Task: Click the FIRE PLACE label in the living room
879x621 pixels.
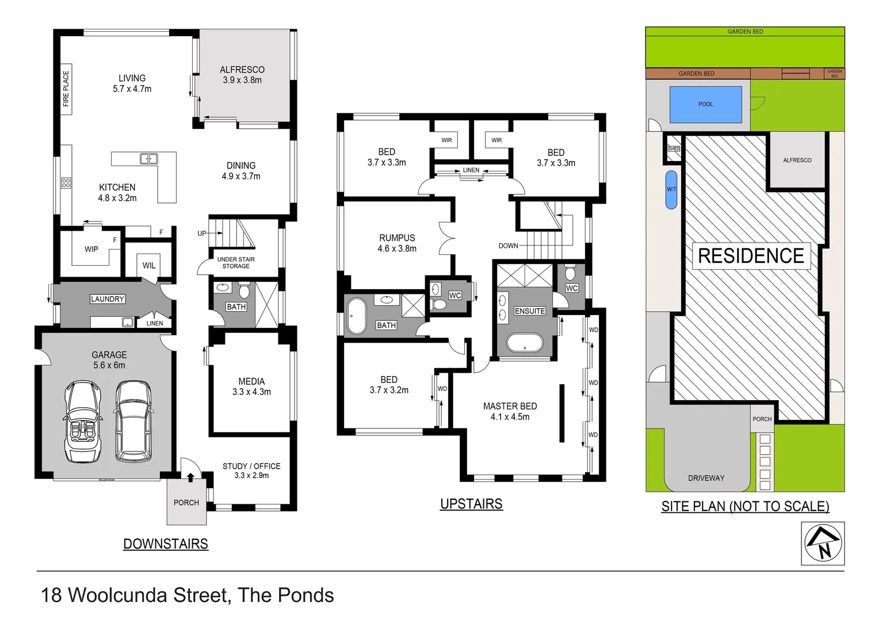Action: [66, 89]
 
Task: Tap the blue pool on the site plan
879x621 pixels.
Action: [705, 104]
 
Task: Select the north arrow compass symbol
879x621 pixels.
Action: [823, 543]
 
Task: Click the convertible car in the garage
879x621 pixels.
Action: [84, 421]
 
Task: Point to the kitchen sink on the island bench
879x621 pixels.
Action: [148, 159]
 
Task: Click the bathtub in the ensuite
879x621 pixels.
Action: [524, 344]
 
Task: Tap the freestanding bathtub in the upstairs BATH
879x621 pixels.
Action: [357, 316]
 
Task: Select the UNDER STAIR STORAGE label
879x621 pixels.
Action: [236, 263]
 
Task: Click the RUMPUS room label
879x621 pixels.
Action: [397, 237]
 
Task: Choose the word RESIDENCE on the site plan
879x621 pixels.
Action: [751, 256]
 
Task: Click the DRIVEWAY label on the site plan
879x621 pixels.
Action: [706, 478]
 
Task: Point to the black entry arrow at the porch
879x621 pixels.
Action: [190, 476]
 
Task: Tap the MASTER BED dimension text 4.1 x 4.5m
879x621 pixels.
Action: [510, 417]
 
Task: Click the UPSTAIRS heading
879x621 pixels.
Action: [471, 504]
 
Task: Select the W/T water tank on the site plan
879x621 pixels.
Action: [671, 190]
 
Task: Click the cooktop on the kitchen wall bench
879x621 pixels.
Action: [66, 183]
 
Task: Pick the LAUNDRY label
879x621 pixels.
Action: [108, 299]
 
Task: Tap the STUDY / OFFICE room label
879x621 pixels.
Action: [251, 466]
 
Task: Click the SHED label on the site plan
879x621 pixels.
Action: [674, 149]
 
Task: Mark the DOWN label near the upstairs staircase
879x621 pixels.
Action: [508, 246]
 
